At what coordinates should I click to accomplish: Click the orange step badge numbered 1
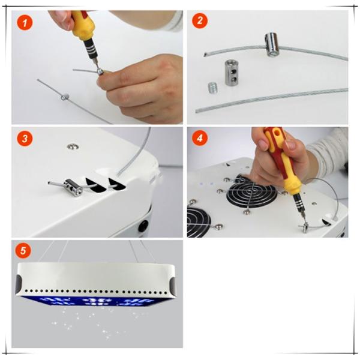[25, 23]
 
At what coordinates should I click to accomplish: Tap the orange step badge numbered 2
[200, 20]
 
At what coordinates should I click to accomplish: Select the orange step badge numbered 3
[25, 138]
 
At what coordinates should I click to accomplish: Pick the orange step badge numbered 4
[200, 138]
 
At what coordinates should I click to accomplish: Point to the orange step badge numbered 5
[23, 250]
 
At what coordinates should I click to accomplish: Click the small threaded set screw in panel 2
[213, 88]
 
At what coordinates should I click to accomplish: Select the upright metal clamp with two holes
[231, 73]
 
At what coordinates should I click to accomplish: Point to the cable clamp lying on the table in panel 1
[65, 97]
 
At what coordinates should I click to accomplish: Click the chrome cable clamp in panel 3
[73, 188]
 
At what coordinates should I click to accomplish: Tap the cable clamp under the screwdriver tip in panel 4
[305, 227]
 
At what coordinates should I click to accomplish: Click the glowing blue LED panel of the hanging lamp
[97, 301]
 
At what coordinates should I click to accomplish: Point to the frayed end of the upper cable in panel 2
[205, 55]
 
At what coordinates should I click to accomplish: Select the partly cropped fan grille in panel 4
[199, 222]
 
